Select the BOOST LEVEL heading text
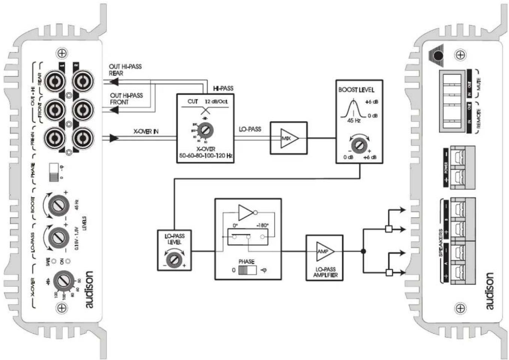pyautogui.click(x=356, y=90)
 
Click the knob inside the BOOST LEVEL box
pyautogui.click(x=359, y=145)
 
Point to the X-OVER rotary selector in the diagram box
pyautogui.click(x=205, y=131)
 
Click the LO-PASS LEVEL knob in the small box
pyautogui.click(x=174, y=259)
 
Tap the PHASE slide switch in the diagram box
pyautogui.click(x=247, y=270)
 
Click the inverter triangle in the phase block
pyautogui.click(x=246, y=212)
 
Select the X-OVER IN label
pyautogui.click(x=146, y=131)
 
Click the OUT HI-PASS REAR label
pyautogui.click(x=125, y=70)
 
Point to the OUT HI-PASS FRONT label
pyautogui.click(x=126, y=99)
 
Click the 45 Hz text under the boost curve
pyautogui.click(x=354, y=121)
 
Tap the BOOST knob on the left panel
pyautogui.click(x=59, y=205)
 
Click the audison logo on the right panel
pyautogui.click(x=489, y=291)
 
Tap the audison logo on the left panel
pyautogui.click(x=89, y=289)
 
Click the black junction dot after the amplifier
pyautogui.click(x=363, y=252)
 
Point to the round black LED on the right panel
pyautogui.click(x=438, y=56)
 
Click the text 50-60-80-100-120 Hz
pyautogui.click(x=205, y=155)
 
